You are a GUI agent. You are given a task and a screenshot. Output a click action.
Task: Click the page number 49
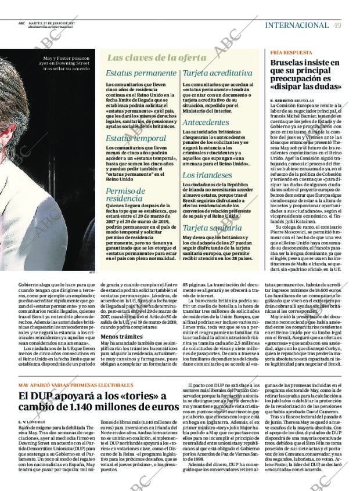(337, 25)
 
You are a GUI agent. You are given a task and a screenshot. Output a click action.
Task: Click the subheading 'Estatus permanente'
(142, 73)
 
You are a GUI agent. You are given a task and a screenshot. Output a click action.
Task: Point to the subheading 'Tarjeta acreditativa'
(217, 73)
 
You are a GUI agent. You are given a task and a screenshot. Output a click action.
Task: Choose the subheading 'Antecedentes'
(206, 122)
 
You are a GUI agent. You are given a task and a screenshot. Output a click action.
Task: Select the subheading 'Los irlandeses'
(207, 175)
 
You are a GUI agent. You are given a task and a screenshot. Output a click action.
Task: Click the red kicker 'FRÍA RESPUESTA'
(291, 52)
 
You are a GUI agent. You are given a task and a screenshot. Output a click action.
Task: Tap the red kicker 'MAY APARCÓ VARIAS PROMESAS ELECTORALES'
(75, 385)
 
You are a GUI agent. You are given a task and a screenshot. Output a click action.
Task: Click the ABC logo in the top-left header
(21, 23)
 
